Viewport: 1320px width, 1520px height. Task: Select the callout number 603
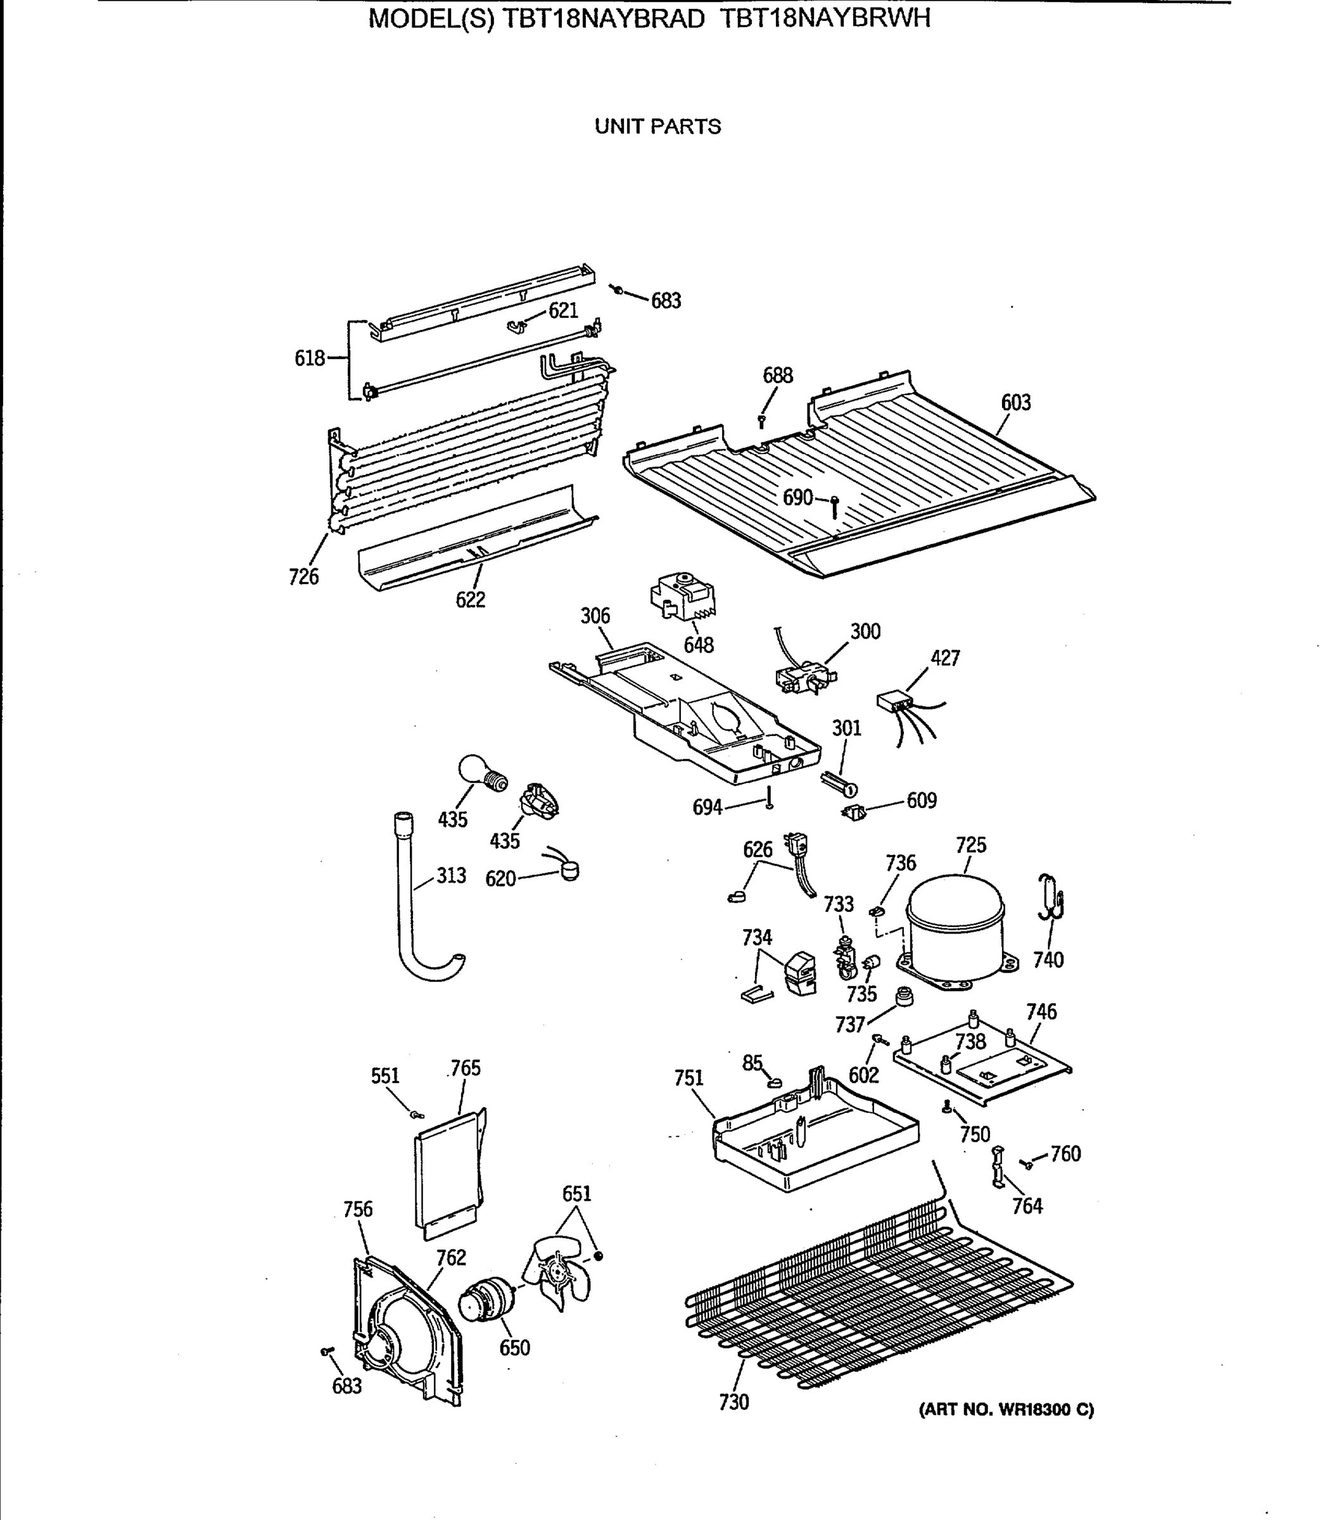pyautogui.click(x=1015, y=402)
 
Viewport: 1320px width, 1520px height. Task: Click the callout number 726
pyautogui.click(x=303, y=576)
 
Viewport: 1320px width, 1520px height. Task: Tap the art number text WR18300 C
pyautogui.click(x=1006, y=1410)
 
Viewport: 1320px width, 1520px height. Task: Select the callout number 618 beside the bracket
pyautogui.click(x=309, y=358)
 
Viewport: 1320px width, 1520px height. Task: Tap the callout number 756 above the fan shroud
pyautogui.click(x=358, y=1209)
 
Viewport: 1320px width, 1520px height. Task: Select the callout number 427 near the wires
pyautogui.click(x=944, y=657)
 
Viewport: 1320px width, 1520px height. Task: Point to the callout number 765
pyautogui.click(x=466, y=1068)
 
